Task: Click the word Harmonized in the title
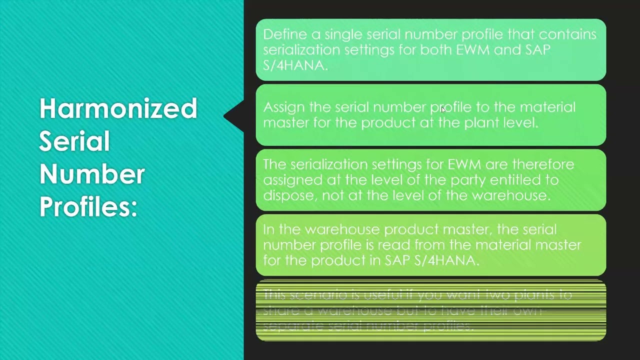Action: click(118, 108)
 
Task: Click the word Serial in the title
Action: click(74, 141)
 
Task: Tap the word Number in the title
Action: click(92, 174)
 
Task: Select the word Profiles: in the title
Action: click(88, 206)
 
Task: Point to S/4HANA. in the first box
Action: click(295, 65)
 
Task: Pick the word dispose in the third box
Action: click(289, 195)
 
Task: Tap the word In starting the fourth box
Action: click(268, 229)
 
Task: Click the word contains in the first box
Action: click(568, 34)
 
